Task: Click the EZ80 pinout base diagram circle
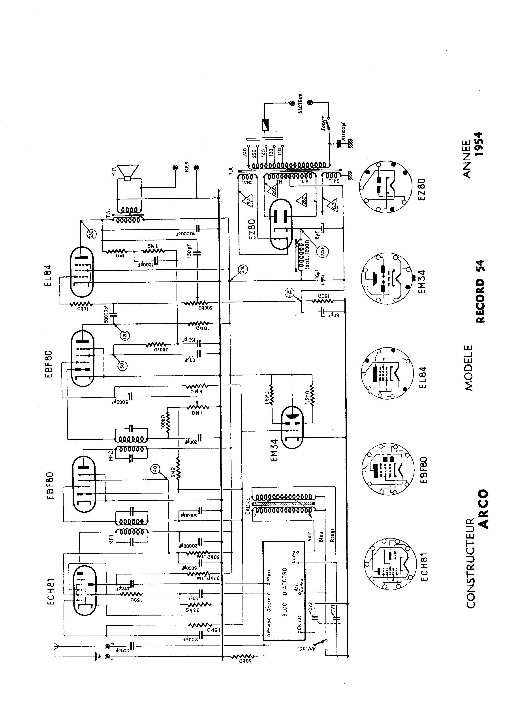click(385, 188)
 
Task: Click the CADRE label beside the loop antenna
click(248, 506)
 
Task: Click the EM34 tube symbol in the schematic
click(292, 427)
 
